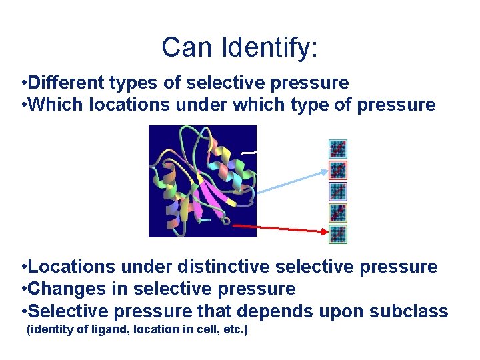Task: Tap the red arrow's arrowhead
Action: (x=325, y=232)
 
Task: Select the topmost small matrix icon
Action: (x=338, y=149)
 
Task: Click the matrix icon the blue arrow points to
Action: (x=338, y=170)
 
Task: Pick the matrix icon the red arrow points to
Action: (x=338, y=234)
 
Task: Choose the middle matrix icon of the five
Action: (x=338, y=191)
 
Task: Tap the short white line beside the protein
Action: (x=248, y=153)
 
